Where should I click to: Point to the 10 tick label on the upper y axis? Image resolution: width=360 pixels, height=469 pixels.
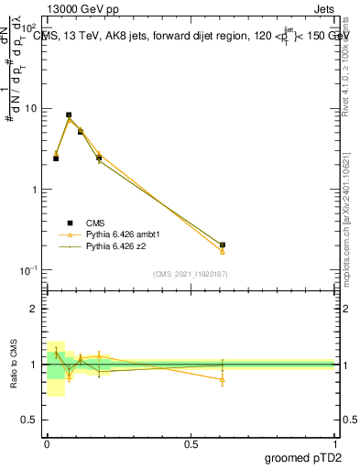point(31,108)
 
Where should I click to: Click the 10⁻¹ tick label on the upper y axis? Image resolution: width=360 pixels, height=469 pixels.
point(29,270)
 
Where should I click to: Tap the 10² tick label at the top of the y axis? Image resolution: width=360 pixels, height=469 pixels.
point(29,28)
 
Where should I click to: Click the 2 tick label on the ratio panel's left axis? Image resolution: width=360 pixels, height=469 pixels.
point(36,309)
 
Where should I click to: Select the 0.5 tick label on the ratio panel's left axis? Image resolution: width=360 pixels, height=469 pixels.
point(31,420)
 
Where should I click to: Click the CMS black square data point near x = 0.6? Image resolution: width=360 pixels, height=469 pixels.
point(223,245)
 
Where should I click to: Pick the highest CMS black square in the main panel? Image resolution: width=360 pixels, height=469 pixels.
point(69,115)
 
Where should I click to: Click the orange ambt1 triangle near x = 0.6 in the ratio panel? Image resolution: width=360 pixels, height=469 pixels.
point(223,379)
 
